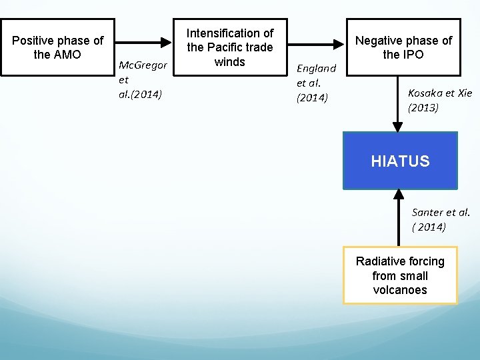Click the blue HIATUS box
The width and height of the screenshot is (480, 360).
400,161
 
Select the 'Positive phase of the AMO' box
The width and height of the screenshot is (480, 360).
58,47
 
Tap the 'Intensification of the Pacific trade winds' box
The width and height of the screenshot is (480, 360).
230,47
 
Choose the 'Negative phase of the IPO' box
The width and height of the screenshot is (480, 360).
403,47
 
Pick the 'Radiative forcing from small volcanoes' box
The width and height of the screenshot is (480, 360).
400,275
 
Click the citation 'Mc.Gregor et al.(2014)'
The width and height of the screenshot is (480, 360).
141,79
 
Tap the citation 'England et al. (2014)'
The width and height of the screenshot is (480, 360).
316,83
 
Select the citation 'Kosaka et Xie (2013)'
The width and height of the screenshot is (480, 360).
440,100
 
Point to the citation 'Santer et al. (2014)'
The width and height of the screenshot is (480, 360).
441,219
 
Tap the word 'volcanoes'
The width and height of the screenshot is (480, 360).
400,290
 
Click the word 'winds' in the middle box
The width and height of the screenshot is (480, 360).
230,62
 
